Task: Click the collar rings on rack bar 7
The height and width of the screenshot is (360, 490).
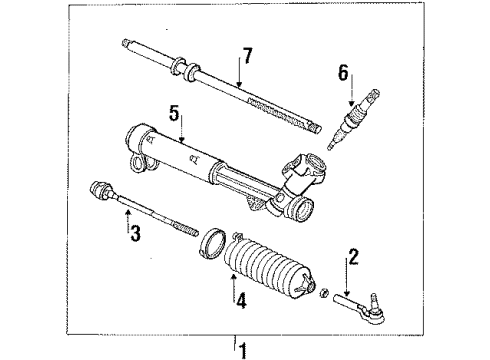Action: pyautogui.click(x=182, y=69)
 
